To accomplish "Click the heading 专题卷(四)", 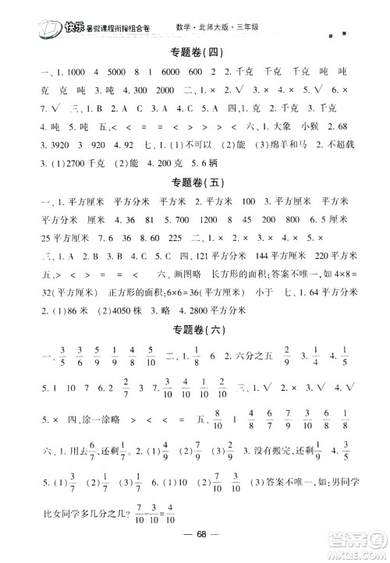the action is [195, 53].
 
